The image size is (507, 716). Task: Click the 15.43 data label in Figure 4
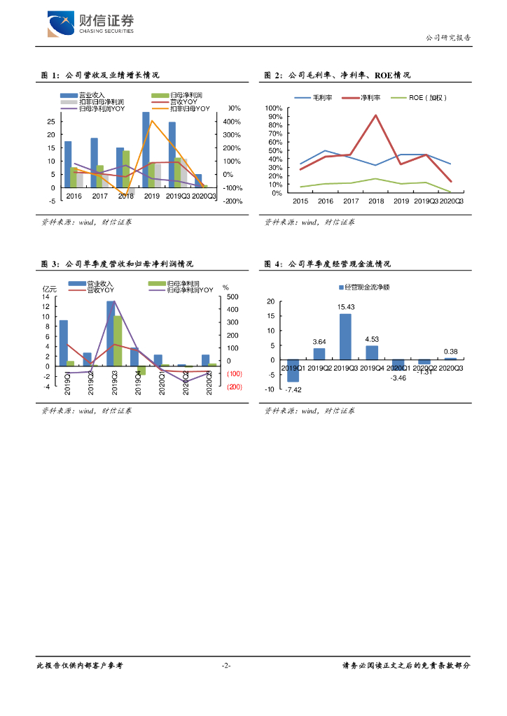click(x=345, y=307)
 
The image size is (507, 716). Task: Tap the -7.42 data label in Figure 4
click(x=293, y=389)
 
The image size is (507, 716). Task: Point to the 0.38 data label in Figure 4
click(x=451, y=352)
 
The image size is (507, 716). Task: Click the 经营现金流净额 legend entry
click(x=363, y=287)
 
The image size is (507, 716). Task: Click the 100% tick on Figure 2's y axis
click(x=274, y=108)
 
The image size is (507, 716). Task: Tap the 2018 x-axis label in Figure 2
click(x=376, y=201)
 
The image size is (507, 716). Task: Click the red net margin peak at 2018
click(x=376, y=115)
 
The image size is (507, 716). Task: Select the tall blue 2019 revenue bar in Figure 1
click(x=146, y=150)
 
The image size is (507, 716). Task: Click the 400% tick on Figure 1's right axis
click(x=232, y=122)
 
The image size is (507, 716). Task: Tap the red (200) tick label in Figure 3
click(x=234, y=387)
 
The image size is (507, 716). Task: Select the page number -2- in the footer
click(x=226, y=666)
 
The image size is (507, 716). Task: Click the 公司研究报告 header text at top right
click(x=448, y=38)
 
